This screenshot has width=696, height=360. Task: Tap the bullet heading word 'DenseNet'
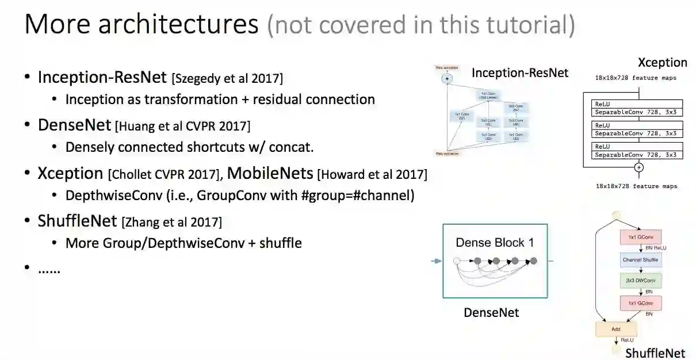pyautogui.click(x=74, y=125)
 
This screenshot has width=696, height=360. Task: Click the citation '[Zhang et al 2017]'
pyautogui.click(x=171, y=221)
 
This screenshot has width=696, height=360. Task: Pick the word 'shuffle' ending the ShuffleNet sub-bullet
pyautogui.click(x=281, y=243)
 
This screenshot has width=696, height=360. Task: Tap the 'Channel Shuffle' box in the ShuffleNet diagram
pyautogui.click(x=641, y=260)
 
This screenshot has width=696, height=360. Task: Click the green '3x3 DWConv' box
pyautogui.click(x=641, y=281)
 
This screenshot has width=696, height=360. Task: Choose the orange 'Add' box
pyautogui.click(x=616, y=328)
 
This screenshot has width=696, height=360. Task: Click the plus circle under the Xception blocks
pyautogui.click(x=638, y=167)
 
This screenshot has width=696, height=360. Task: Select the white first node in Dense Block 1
pyautogui.click(x=457, y=261)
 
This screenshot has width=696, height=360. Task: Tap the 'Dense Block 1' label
pyautogui.click(x=495, y=242)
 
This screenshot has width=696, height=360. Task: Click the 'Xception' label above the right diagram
pyautogui.click(x=662, y=63)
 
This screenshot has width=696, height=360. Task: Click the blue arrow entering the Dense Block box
pyautogui.click(x=437, y=261)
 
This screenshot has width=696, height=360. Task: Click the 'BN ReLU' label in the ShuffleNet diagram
pyautogui.click(x=656, y=248)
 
